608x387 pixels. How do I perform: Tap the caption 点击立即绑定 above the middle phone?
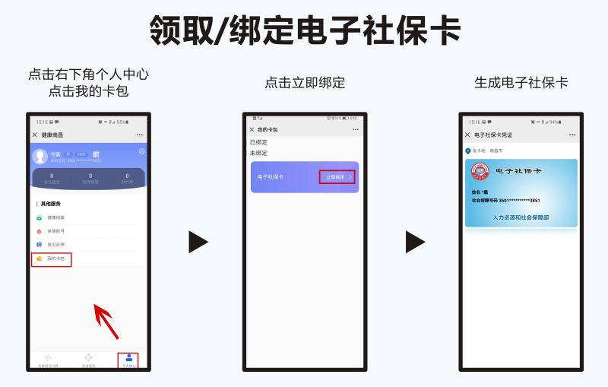305,83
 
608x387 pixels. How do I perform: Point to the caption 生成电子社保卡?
521,83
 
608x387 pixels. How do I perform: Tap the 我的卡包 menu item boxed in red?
52,259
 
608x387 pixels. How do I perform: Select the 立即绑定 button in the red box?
337,177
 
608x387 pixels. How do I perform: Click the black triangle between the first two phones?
198,242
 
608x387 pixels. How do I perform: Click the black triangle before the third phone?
414,242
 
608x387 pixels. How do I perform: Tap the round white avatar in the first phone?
41,156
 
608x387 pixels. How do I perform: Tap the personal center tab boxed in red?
128,360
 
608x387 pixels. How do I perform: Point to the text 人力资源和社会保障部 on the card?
521,217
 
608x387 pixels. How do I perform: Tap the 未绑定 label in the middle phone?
258,153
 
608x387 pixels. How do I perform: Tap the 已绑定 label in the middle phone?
258,142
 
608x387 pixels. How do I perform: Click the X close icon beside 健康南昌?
35,135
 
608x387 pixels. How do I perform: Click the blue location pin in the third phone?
468,151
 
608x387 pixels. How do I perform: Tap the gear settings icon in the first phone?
141,151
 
